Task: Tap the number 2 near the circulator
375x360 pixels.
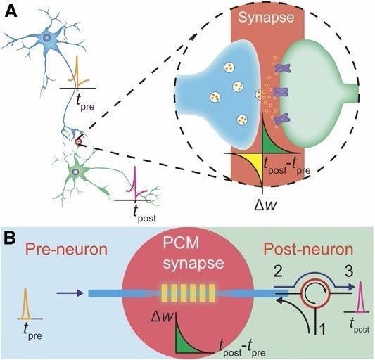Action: (x=280, y=269)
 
